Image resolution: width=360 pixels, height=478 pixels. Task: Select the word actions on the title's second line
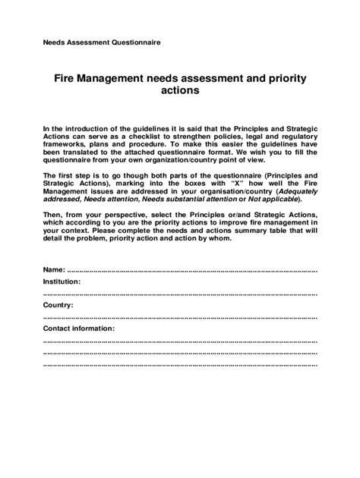[179, 91]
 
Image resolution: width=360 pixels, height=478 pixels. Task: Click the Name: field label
[55, 270]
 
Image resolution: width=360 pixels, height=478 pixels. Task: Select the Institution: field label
[62, 281]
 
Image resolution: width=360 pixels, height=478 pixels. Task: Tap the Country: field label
[58, 304]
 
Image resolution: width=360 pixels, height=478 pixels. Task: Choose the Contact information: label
[79, 329]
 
